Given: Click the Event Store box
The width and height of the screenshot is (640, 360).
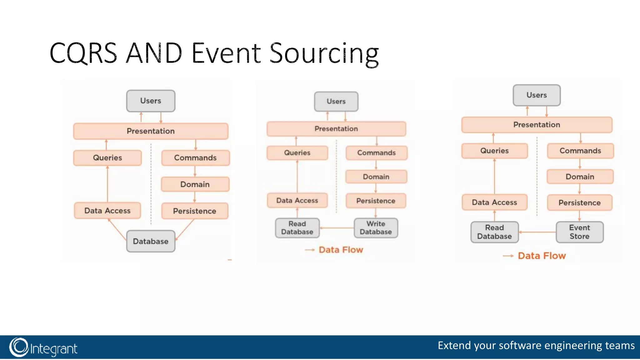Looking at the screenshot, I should click(x=579, y=232).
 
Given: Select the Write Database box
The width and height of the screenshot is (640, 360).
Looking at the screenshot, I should click(x=376, y=228).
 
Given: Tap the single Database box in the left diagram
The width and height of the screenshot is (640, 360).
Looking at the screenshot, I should click(x=151, y=241).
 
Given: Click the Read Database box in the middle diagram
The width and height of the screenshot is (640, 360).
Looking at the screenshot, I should click(x=297, y=228).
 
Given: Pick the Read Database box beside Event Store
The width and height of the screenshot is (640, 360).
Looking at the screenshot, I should click(x=494, y=232).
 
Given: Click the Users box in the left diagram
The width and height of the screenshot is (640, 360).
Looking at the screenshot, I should click(x=151, y=101).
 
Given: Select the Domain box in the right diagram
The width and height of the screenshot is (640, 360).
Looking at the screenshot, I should click(x=580, y=177).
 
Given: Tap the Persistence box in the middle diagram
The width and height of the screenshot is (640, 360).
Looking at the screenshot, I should click(x=376, y=201).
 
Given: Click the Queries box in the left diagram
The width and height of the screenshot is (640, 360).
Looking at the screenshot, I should click(x=107, y=158).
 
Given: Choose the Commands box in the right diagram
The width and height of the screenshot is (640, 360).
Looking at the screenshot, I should click(x=580, y=151).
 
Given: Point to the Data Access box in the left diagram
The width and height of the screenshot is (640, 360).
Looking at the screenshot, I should click(x=107, y=211).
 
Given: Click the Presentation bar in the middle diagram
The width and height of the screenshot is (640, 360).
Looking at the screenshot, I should click(x=336, y=129).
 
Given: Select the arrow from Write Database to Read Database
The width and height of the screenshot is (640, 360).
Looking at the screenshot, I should click(x=337, y=228).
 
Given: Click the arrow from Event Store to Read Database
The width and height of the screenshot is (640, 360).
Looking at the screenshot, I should click(x=537, y=232).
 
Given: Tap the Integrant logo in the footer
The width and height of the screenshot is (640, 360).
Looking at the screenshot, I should click(x=43, y=347).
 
